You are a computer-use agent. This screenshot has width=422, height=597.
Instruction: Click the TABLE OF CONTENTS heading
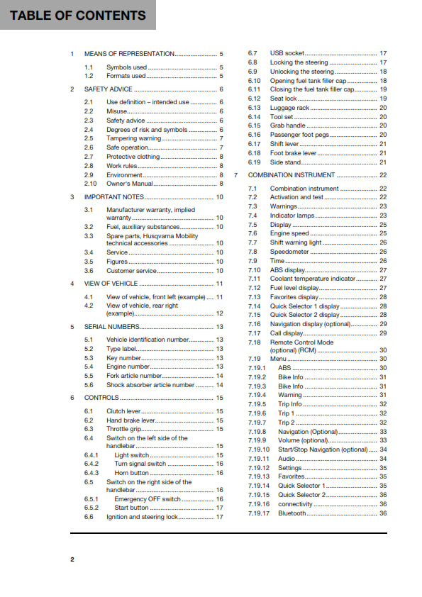point(78,15)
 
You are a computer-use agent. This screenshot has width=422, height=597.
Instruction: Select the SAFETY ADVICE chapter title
point(108,89)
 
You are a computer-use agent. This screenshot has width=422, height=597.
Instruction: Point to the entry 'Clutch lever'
point(125,411)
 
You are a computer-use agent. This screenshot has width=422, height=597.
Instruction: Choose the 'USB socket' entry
point(287,53)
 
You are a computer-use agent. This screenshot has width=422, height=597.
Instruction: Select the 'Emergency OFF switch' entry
point(148,499)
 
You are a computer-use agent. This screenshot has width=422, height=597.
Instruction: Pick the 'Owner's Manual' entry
point(131,184)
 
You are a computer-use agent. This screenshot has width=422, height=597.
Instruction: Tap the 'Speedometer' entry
point(289,252)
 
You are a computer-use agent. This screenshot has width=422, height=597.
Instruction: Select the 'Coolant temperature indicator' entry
point(313,279)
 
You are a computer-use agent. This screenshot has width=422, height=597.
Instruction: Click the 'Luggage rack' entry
point(289,108)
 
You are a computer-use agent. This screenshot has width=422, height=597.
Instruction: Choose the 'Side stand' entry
point(286,162)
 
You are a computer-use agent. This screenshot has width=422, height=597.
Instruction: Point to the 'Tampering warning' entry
point(133,138)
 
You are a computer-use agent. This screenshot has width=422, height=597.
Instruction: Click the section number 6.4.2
point(92,464)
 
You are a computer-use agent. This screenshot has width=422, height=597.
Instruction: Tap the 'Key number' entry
point(124,358)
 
